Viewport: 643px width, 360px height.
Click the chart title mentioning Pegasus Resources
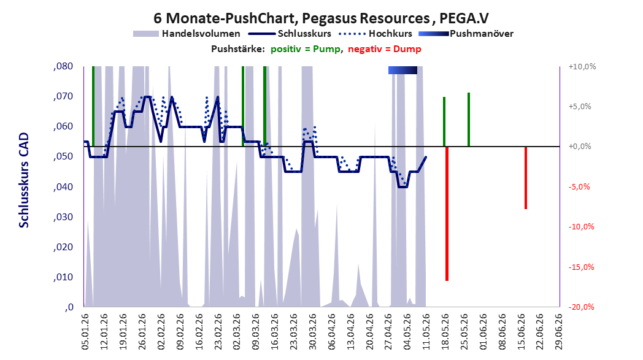coord(321,18)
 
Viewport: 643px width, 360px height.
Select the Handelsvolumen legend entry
coord(187,34)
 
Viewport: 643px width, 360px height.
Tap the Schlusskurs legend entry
coord(290,34)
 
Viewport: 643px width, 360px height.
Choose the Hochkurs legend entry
coord(375,34)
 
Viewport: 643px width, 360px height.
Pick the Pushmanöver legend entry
coord(466,34)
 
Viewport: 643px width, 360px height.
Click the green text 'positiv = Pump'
coord(306,49)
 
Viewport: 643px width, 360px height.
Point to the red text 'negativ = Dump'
coord(385,49)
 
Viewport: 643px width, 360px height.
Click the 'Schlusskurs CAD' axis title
coord(24,180)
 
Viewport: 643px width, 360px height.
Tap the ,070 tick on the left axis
coord(63,96)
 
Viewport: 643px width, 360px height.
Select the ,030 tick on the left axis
coord(63,217)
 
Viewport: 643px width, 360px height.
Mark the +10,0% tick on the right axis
coord(582,66)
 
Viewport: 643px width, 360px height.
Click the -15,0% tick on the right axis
coord(581,267)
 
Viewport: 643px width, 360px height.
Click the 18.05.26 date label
coord(445,332)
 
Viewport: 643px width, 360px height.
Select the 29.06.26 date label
coord(558,332)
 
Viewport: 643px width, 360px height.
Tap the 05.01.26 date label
coord(85,332)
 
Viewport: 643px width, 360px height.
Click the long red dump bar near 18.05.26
coord(447,213)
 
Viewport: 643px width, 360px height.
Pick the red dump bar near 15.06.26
coord(526,177)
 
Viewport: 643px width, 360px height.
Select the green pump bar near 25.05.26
coord(469,120)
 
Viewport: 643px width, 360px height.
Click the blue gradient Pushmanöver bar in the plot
coord(402,70)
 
